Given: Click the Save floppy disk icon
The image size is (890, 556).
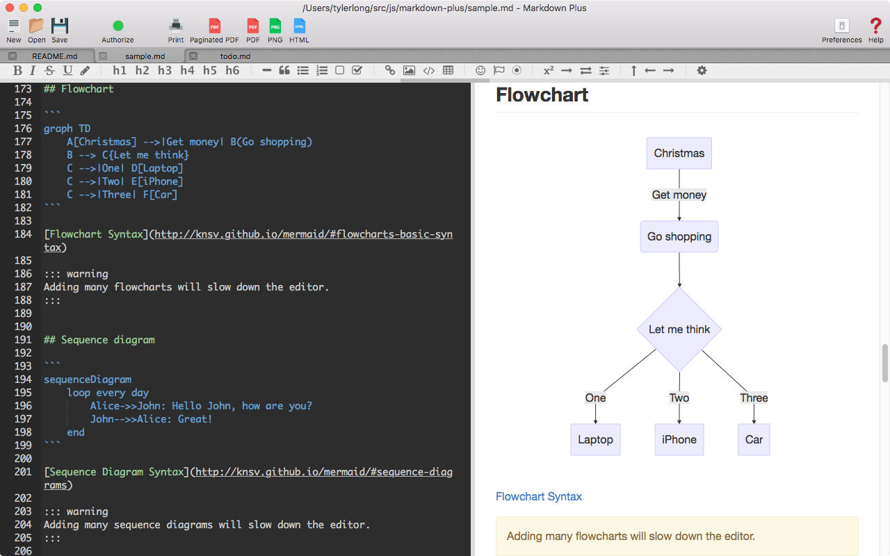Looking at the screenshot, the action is point(60,26).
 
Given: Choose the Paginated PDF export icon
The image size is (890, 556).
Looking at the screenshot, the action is point(215,26).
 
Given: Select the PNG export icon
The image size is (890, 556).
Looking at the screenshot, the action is point(275,26).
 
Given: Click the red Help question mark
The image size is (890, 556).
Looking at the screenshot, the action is point(875,26).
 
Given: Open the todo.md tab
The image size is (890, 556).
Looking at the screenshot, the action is point(235,56).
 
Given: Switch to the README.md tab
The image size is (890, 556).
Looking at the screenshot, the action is point(55,56).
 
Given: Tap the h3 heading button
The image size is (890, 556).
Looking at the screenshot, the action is point(165,71).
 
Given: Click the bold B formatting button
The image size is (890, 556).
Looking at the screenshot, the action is point(17,71).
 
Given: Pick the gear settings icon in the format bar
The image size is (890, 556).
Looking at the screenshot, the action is point(702,71).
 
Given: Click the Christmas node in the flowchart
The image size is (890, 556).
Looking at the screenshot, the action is point(679,154).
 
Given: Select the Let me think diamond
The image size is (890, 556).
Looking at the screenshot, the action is point(679,329).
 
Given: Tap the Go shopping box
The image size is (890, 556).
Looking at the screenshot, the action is point(679,237).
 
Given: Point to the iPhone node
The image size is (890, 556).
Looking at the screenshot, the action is point(679,440).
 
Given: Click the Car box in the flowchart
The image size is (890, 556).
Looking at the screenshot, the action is point(754,440).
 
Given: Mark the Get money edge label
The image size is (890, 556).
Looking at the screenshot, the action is point(679,195).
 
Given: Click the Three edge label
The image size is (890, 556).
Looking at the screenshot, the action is point(754,398).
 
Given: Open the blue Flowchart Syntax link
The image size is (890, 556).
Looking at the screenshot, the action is point(538,497).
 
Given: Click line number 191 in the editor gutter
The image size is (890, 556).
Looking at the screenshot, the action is point(23,340).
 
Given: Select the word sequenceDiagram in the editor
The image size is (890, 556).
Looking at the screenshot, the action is point(88,379).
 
